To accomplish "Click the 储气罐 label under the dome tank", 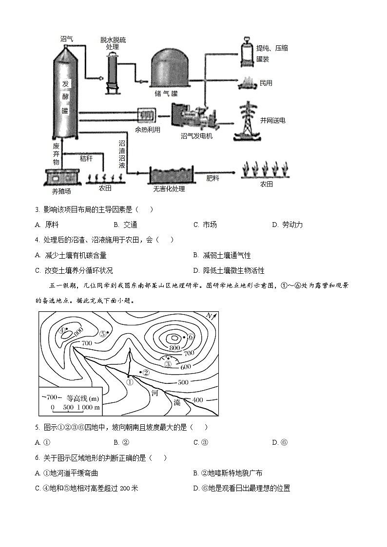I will click(x=168, y=93).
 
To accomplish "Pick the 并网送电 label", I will click(x=272, y=120).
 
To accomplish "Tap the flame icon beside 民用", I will click(x=248, y=83).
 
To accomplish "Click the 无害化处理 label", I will click(x=169, y=189).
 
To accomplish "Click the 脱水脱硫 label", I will click(x=113, y=40).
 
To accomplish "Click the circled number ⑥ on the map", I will click(x=191, y=337).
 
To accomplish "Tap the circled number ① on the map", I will click(x=130, y=382).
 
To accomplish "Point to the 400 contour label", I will click(x=197, y=400).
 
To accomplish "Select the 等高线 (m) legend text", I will click(x=83, y=397).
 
